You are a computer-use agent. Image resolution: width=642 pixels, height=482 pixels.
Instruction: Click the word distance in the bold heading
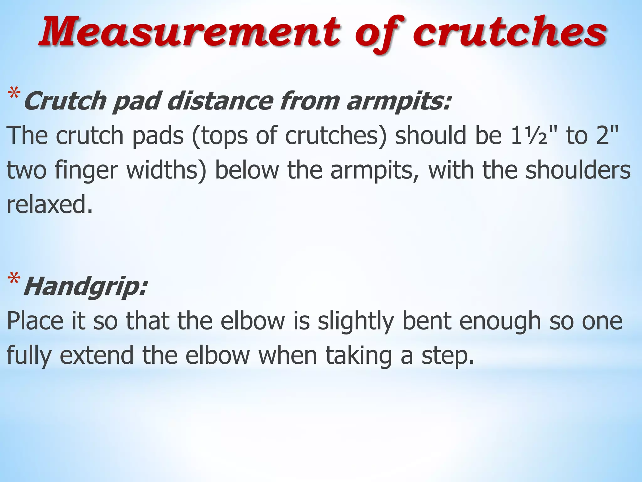point(219,101)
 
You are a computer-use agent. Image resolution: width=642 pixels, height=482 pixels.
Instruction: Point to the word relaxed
point(50,205)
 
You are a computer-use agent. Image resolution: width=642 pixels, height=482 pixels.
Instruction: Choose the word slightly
point(355,322)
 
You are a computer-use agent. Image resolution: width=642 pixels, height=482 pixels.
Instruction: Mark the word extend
point(97,355)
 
